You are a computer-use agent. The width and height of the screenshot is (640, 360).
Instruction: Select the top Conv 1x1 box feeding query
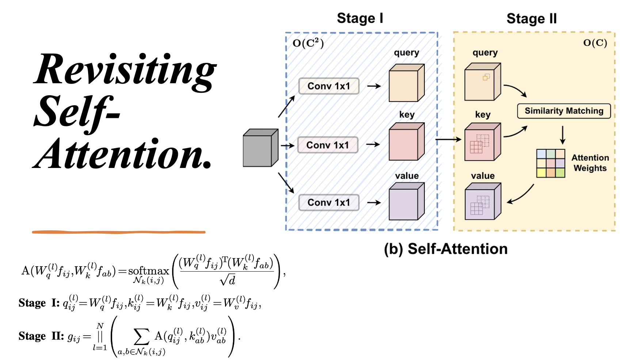tap(328, 86)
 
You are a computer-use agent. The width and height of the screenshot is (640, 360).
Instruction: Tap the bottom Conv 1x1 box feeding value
tap(328, 203)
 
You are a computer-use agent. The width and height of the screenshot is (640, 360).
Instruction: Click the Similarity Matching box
tap(564, 111)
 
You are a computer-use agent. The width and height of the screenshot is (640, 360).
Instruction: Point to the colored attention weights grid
tap(551, 163)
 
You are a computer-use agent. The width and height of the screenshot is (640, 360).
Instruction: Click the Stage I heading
tap(360, 18)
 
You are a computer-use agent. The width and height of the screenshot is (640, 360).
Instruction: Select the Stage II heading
tap(532, 19)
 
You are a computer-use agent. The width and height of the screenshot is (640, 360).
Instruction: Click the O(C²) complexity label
tap(308, 43)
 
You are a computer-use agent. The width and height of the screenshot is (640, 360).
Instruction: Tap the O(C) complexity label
tap(595, 43)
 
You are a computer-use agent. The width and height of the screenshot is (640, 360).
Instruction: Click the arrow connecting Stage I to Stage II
tap(449, 139)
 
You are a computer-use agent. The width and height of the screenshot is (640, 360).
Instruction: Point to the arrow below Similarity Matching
tap(563, 135)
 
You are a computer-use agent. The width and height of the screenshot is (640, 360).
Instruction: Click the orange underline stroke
tap(119, 232)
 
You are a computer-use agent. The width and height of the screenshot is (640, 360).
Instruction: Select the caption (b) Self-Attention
tap(446, 249)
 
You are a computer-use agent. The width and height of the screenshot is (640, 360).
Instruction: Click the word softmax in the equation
tap(148, 271)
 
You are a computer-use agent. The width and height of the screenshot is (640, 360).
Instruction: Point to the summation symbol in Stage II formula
tap(141, 337)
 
